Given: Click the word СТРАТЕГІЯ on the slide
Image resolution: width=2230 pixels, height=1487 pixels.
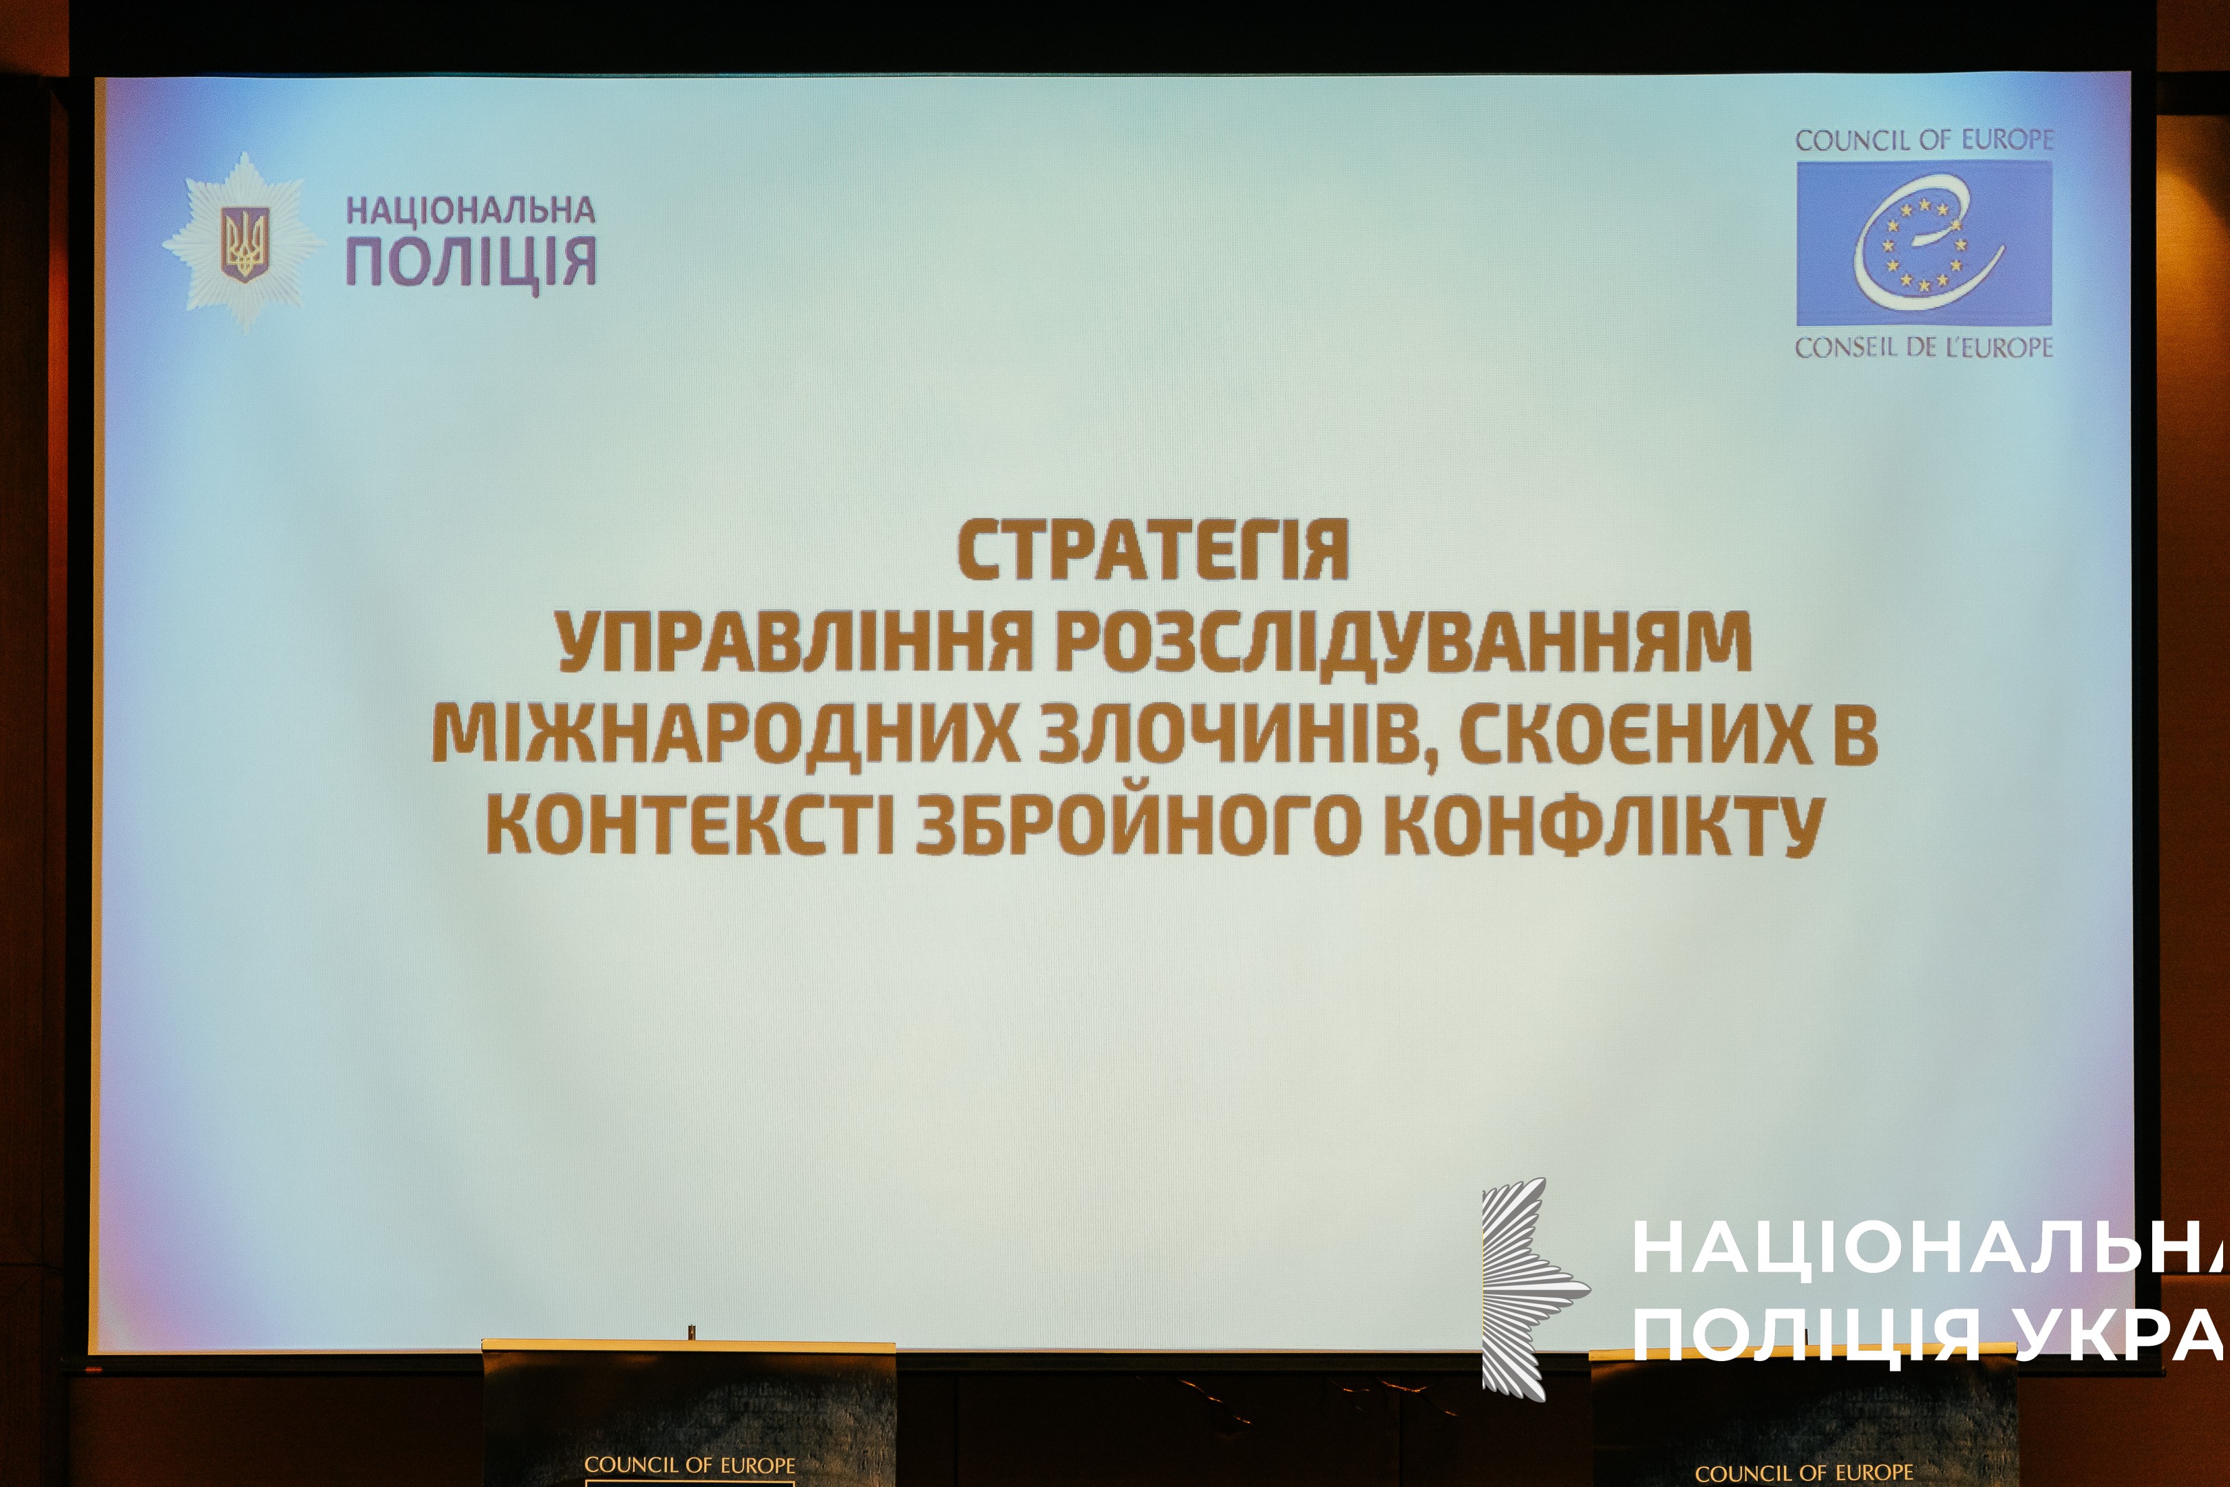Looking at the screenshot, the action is click(1152, 550).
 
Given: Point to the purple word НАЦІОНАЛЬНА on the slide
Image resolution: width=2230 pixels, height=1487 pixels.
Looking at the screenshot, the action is click(470, 209).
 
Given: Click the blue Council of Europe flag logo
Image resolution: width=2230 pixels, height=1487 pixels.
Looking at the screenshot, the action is click(1924, 243).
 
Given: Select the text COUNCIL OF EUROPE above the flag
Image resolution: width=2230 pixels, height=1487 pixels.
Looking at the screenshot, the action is click(1924, 140).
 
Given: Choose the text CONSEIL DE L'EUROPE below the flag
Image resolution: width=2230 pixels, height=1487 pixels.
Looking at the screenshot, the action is click(1924, 347).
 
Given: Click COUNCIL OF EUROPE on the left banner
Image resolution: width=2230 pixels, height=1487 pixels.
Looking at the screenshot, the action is click(689, 1464).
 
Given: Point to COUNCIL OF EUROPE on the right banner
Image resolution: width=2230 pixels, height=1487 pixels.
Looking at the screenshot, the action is click(1804, 1473).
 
